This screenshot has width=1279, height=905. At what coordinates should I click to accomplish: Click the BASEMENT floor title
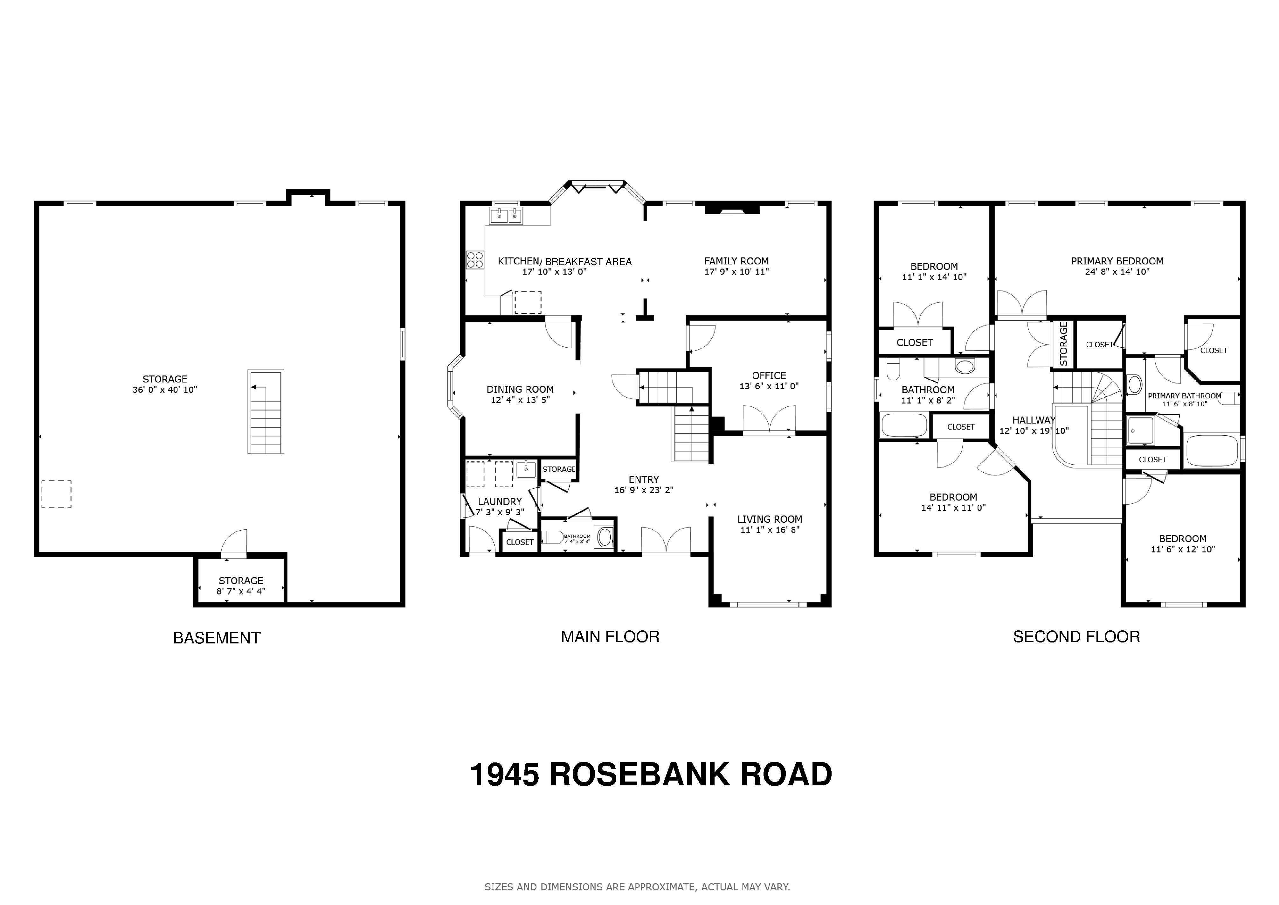coord(217,637)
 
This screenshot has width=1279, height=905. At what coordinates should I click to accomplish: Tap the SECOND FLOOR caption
coord(1076,636)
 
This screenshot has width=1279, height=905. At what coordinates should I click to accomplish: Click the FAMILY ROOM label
coord(736,261)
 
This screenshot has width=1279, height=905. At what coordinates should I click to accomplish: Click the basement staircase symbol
coord(266,411)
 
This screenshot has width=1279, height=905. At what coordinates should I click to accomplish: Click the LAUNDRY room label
coord(500,502)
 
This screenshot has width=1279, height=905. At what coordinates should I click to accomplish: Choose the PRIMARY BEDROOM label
coord(1117,261)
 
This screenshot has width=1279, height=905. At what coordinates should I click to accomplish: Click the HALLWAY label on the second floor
coord(1034,420)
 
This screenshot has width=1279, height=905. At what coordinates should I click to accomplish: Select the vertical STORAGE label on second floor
coord(1063,344)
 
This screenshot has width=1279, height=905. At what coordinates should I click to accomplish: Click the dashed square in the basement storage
coord(56,494)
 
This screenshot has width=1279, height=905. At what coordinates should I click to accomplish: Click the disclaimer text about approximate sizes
coord(637,887)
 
